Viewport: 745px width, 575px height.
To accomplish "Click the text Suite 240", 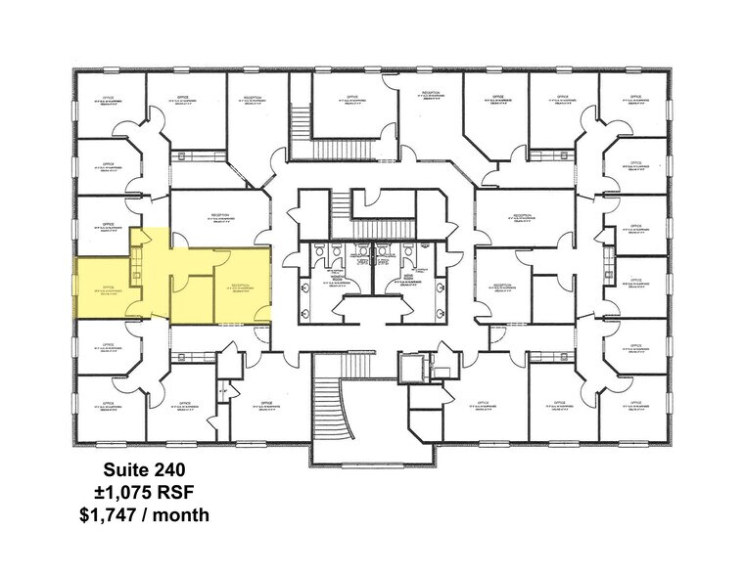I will point(157,468).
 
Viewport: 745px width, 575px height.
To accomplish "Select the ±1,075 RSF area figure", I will point(157,491).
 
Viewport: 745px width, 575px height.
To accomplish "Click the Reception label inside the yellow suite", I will point(242,287).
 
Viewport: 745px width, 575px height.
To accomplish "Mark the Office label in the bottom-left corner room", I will point(109,404).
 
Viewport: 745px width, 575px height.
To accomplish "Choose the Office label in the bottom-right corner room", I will point(633,404).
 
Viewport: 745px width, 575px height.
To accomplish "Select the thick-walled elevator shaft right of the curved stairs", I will point(414,368).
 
